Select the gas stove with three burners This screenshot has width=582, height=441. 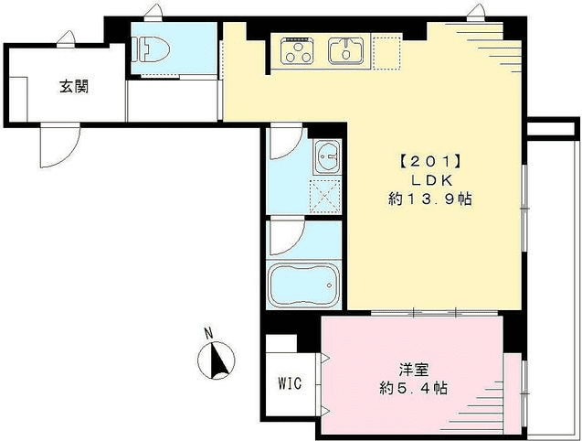point(298,51)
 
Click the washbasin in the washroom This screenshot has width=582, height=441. point(326,159)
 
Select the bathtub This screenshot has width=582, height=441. point(304,286)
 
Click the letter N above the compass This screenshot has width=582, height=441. point(208,332)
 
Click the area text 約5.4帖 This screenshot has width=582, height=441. point(414,388)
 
